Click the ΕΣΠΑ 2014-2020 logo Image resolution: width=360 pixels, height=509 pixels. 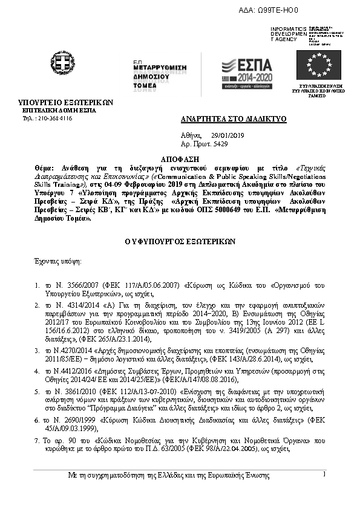tap(246, 73)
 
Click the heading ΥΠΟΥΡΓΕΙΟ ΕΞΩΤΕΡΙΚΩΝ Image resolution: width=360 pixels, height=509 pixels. tap(66, 103)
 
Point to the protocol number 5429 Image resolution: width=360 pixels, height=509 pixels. tap(220, 146)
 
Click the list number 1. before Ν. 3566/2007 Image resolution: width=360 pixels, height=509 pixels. tap(38, 284)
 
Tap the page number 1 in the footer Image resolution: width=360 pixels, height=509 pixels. tap(324, 475)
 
